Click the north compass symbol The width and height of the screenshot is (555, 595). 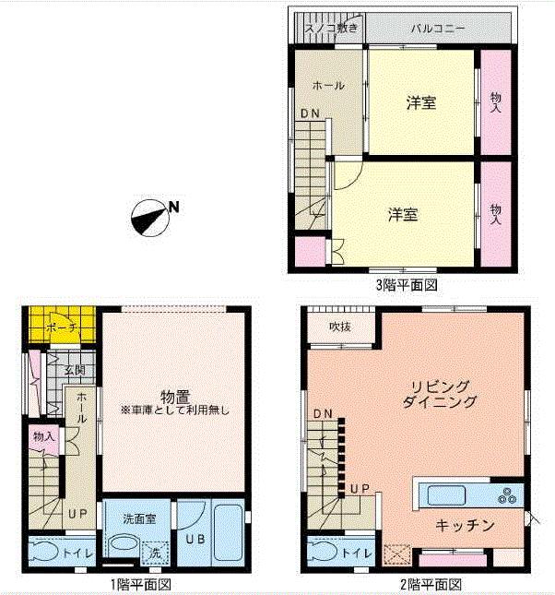point(150,218)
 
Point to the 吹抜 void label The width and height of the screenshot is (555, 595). point(340,327)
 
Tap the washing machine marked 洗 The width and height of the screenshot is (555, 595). point(153,549)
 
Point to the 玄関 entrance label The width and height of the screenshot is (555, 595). point(75,369)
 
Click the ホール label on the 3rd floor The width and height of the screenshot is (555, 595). point(328,86)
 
